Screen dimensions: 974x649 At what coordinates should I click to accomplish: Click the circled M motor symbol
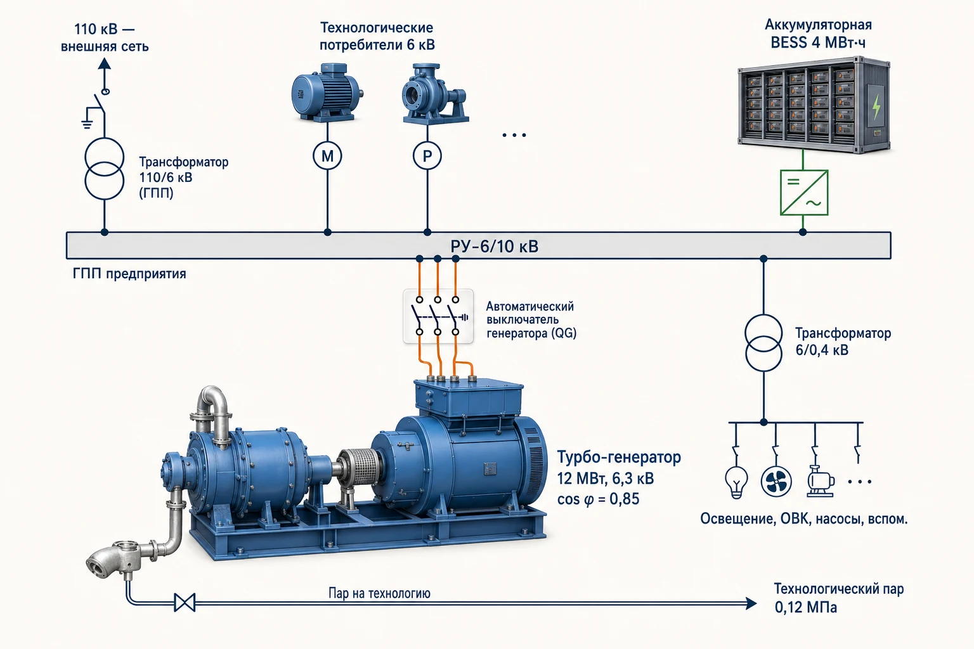pos(327,156)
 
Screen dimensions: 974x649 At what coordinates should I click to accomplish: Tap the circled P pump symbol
pos(427,156)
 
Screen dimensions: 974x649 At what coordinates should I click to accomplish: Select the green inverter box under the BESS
pos(804,193)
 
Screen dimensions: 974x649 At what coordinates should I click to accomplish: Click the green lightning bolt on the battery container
pos(876,106)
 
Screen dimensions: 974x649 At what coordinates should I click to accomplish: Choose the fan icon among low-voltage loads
pos(776,482)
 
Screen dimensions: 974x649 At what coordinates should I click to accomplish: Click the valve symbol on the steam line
pos(185,603)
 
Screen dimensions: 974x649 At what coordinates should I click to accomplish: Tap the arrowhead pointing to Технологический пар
pos(751,603)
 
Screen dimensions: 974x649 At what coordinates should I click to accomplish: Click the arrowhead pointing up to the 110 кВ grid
pos(105,64)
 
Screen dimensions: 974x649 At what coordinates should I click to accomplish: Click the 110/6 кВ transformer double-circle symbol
pos(105,169)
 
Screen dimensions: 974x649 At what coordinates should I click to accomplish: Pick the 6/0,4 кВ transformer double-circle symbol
pos(763,342)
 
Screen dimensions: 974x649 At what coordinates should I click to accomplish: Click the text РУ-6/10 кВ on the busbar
pos(495,247)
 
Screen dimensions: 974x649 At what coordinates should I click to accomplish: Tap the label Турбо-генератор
pos(619,458)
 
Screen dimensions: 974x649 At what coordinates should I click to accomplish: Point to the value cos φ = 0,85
pos(599,499)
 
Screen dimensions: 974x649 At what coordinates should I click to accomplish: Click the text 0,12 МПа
pos(806,607)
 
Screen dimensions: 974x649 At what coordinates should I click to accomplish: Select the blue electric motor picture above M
pos(327,93)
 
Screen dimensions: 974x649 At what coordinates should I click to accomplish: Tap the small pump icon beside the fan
pos(821,481)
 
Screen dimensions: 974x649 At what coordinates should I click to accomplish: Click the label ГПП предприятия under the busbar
pos(129,274)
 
